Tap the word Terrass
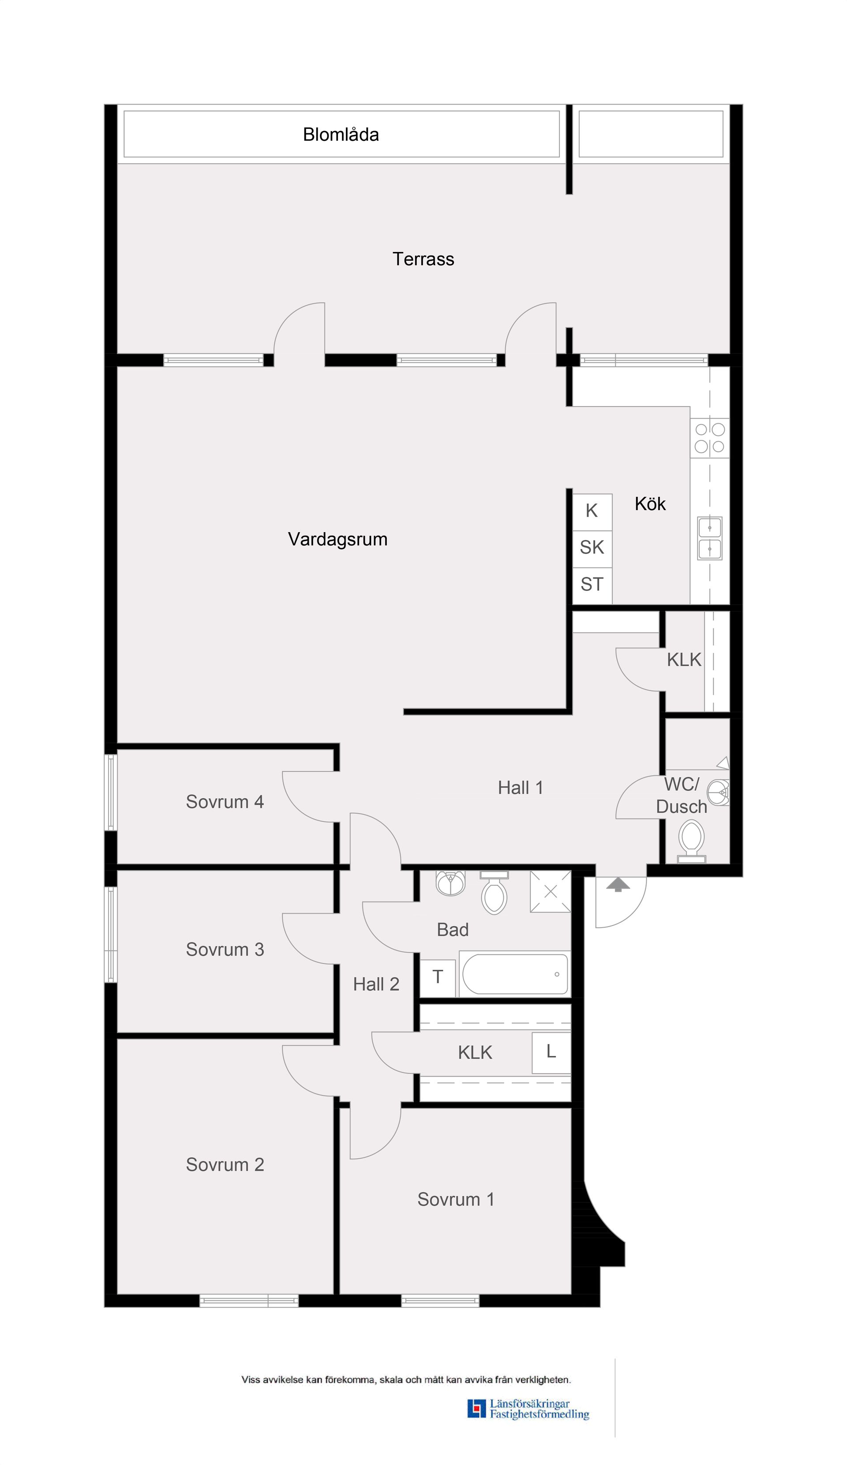(x=423, y=259)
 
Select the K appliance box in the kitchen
(x=592, y=511)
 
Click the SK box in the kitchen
(x=592, y=548)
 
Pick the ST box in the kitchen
(x=592, y=584)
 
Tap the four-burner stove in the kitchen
(x=710, y=438)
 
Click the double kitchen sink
(x=710, y=538)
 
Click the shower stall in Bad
(x=550, y=892)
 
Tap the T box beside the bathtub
(x=438, y=977)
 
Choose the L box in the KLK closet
(x=551, y=1051)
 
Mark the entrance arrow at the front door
(x=618, y=885)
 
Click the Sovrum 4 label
(x=225, y=802)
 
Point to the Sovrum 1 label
(x=456, y=1199)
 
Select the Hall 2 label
(x=376, y=984)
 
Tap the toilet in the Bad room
(x=494, y=893)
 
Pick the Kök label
(x=650, y=504)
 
